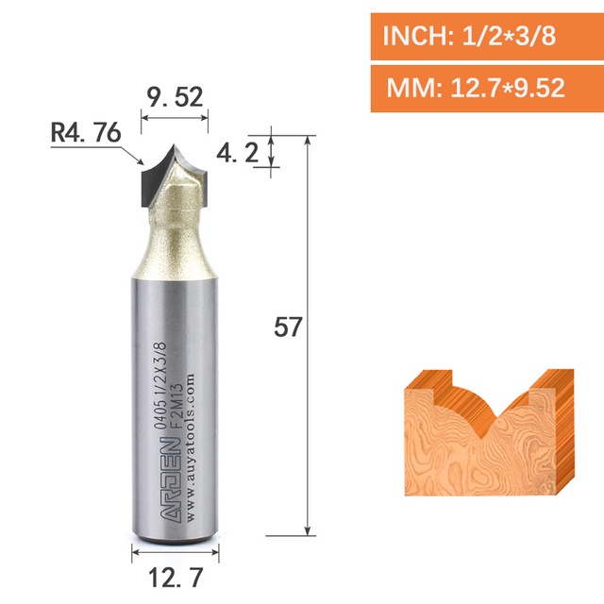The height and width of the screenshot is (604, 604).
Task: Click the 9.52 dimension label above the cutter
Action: pos(176,97)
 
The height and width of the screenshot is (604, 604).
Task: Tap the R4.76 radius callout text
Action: pos(86,133)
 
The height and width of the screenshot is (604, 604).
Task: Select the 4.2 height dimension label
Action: pos(237,153)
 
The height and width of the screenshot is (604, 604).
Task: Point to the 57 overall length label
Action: pos(287,327)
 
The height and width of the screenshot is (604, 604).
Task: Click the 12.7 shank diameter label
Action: pos(176,578)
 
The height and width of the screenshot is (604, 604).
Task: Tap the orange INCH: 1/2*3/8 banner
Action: pos(487,37)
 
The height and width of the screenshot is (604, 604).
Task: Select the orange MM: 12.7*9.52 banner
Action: pos(487,88)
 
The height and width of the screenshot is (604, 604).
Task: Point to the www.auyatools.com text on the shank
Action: pos(191,446)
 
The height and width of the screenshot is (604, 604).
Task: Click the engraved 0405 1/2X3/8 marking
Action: pos(159,386)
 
